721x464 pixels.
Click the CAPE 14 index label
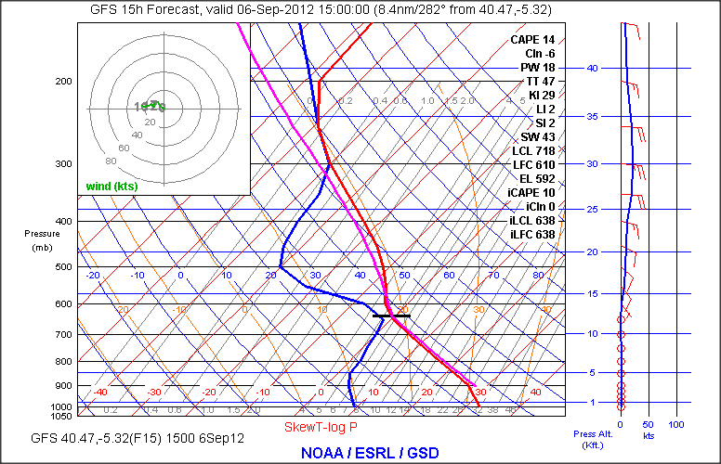[x=531, y=40]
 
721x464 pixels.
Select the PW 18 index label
[x=536, y=68]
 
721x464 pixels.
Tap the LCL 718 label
[x=532, y=150]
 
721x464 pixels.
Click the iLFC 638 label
[x=531, y=235]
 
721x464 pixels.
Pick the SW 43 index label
[x=536, y=137]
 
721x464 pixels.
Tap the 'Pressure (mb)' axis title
[x=43, y=240]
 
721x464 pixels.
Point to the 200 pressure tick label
[x=63, y=81]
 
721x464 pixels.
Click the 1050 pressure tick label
[x=61, y=417]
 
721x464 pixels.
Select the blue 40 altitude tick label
[x=591, y=68]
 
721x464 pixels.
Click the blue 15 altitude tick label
[x=591, y=293]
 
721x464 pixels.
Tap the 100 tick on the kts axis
[x=676, y=424]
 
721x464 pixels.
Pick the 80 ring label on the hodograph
[x=111, y=160]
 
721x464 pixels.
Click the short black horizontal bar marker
[x=391, y=316]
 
